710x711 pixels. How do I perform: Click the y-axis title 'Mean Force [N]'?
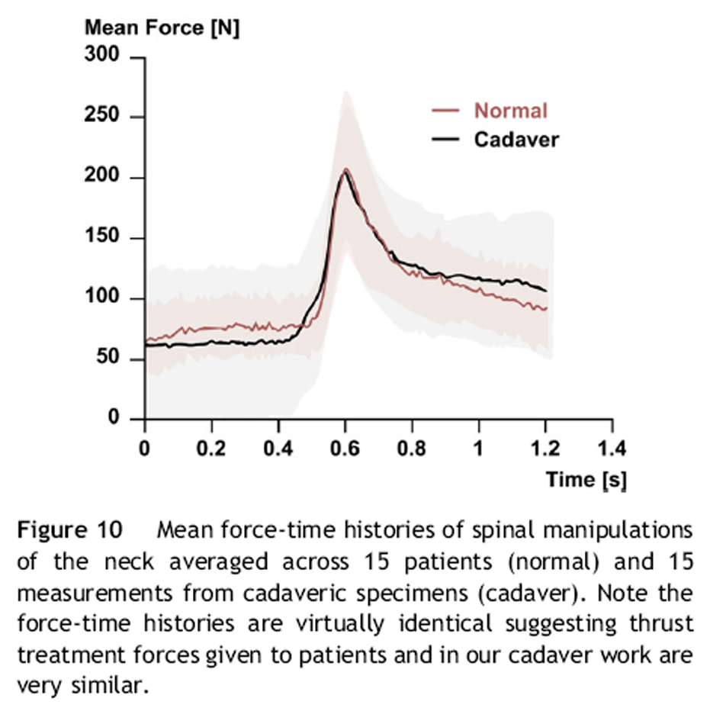(162, 29)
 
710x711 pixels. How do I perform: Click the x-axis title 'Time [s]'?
(585, 479)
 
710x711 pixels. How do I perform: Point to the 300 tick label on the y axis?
(107, 57)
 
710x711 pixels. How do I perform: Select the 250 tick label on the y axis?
(107, 117)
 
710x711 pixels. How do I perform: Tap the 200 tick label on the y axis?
(107, 178)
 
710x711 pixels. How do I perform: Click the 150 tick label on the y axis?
(107, 238)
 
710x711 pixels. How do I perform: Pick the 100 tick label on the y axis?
(107, 298)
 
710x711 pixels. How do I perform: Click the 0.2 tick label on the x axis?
(211, 447)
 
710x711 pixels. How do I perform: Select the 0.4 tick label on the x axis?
(278, 447)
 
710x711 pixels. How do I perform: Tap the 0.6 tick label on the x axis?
(345, 447)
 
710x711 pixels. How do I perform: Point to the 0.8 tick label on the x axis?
(413, 447)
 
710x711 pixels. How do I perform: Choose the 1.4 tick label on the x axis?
(612, 447)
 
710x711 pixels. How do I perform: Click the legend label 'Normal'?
(511, 111)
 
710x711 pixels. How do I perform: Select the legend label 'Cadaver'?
(516, 140)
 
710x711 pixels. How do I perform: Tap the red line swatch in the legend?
(447, 111)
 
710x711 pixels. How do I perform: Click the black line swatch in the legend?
(447, 140)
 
